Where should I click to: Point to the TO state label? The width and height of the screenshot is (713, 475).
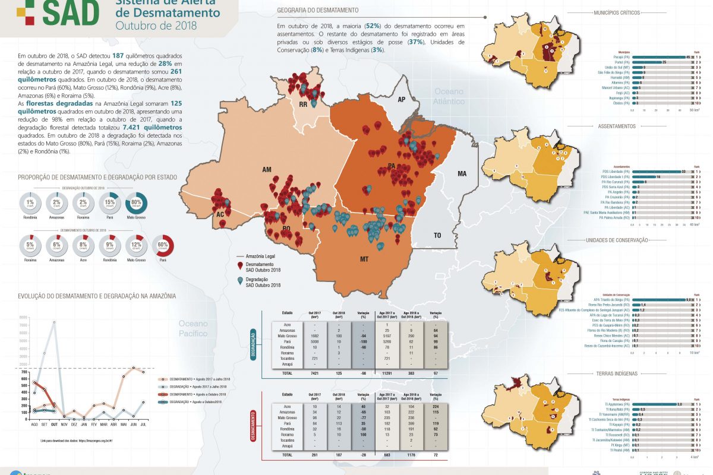click(x=437, y=236)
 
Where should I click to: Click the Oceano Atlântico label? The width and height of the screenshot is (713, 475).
click(x=449, y=96)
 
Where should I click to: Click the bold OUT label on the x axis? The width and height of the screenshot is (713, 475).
click(x=53, y=425)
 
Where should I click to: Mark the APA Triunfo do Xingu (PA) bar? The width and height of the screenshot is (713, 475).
click(x=659, y=300)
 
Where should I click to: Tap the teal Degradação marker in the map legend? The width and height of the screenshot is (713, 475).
click(x=240, y=281)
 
